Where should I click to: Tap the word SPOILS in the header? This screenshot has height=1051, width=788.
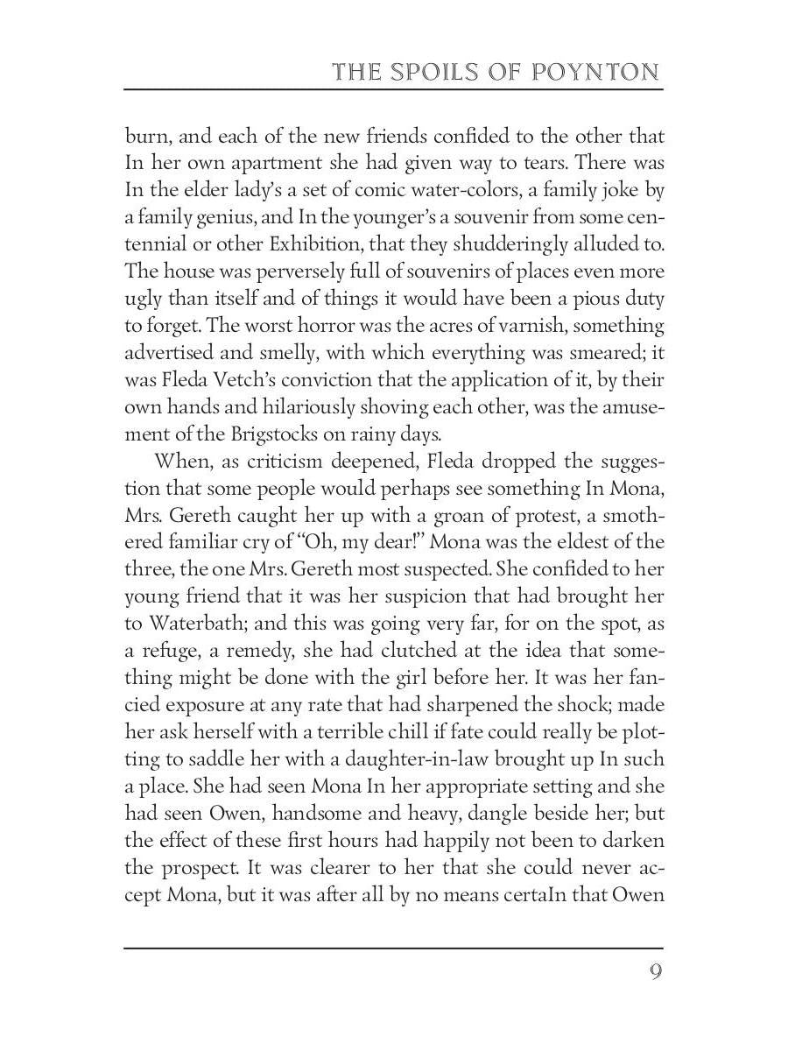pos(438,72)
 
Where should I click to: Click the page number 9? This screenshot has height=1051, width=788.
pos(655,973)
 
